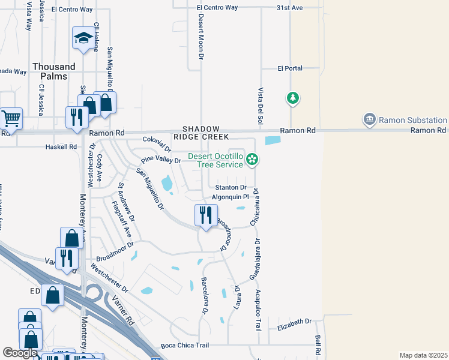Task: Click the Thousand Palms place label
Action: pos(54,71)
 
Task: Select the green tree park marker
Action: pos(293,98)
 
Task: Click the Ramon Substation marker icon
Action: pos(369,119)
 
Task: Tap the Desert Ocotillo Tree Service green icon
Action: pos(253,159)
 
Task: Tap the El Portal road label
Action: pos(290,68)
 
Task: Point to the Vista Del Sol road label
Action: pos(261,103)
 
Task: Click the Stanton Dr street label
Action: pos(231,187)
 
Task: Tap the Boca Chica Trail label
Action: pos(185,346)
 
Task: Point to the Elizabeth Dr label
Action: pos(295,328)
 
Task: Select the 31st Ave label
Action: pos(289,7)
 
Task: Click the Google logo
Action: pos(20,353)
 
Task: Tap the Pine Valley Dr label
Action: pos(161,160)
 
